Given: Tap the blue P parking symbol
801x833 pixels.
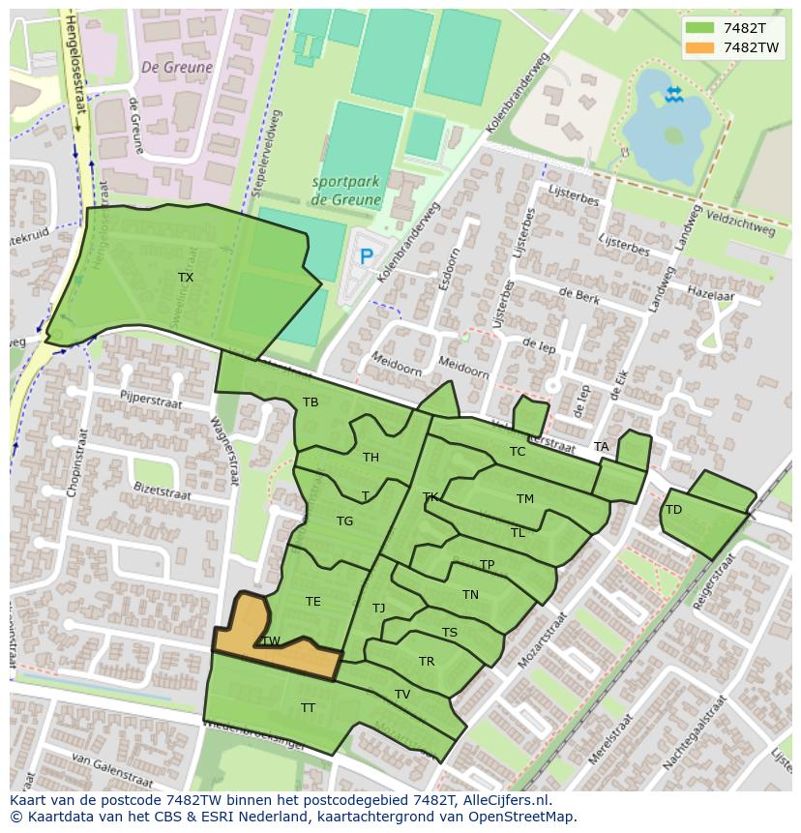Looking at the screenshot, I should click(366, 257).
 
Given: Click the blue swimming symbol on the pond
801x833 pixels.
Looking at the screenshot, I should click(673, 93).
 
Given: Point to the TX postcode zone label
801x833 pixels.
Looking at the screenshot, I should click(186, 278).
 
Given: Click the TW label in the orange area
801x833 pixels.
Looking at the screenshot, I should click(271, 641).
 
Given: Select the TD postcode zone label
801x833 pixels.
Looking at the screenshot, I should click(674, 510).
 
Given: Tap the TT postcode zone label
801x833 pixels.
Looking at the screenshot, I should click(308, 708).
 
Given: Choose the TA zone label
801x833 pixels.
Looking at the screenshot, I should click(602, 447).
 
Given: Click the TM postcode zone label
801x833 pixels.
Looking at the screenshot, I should click(525, 499).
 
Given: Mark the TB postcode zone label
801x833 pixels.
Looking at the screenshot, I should click(311, 402).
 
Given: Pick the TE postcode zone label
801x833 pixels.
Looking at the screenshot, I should click(313, 602).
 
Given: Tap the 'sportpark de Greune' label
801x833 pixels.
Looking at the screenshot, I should click(346, 191).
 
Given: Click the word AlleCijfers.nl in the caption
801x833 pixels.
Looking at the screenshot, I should click(503, 800).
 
